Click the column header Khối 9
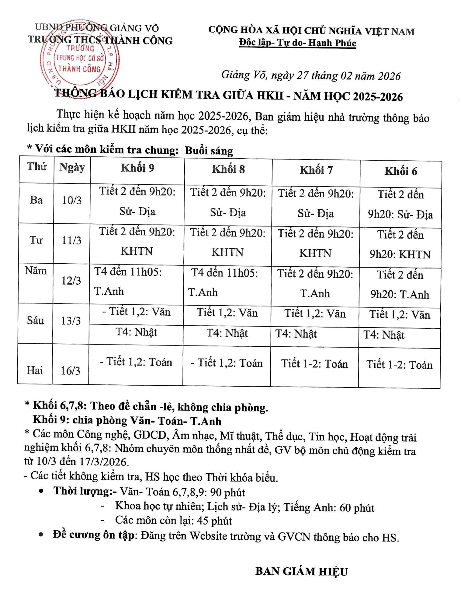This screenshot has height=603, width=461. coord(137,168)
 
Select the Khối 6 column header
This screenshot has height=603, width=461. coord(401,171)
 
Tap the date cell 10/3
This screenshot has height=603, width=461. coord(72,201)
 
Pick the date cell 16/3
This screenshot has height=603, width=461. coord(70,370)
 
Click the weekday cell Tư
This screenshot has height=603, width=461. coord(36,240)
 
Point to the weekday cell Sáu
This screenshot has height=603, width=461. coord(35,321)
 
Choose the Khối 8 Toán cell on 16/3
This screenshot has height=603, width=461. coord(227,363)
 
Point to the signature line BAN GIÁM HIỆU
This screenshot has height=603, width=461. coord(301,571)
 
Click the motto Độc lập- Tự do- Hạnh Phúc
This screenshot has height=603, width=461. coord(297,43)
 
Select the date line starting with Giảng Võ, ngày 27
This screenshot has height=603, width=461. coord(311,75)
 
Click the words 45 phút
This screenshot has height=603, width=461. coord(214,521)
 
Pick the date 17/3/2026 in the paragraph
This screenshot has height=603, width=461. coord(103,462)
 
